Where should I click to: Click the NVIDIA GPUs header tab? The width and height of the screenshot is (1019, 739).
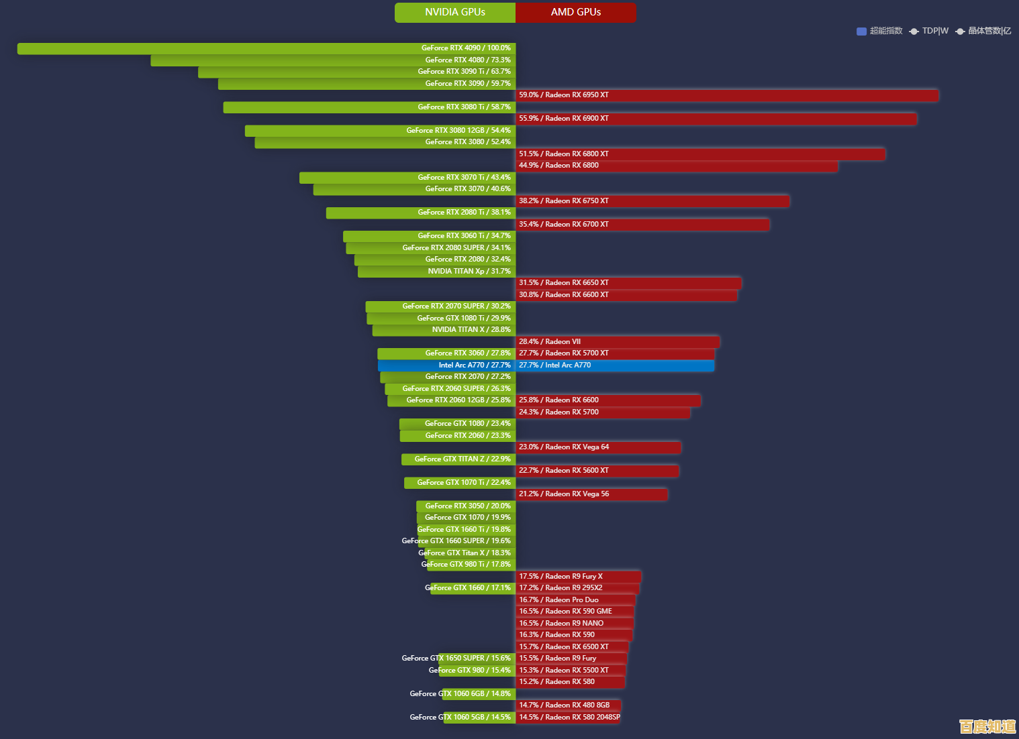(x=455, y=12)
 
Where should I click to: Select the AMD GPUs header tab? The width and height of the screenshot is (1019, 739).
(x=575, y=12)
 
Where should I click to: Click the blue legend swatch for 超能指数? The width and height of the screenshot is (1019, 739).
(x=861, y=31)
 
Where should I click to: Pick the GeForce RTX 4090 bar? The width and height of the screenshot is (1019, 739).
(x=266, y=48)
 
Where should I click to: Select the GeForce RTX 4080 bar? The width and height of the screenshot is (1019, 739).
(x=333, y=60)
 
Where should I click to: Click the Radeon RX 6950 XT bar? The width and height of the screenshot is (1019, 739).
(x=727, y=95)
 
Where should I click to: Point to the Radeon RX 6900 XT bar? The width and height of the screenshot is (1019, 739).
(x=716, y=119)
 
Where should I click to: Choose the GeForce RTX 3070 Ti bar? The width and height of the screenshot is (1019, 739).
(x=407, y=178)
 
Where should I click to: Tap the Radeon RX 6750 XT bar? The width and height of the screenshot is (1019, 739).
(x=652, y=201)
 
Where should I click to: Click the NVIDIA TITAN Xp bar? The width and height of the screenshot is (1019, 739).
(x=436, y=272)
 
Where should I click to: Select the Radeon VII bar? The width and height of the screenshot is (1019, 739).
(x=618, y=342)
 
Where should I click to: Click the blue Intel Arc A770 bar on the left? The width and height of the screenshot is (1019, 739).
(x=446, y=365)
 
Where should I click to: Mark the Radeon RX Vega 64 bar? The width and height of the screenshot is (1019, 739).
(x=598, y=447)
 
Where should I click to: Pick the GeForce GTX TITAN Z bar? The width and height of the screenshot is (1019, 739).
(x=458, y=459)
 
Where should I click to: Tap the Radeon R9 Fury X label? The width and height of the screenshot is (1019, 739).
(x=561, y=577)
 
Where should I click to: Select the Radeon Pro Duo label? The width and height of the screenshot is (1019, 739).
(x=559, y=600)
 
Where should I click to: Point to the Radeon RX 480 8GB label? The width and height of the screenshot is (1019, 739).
(x=564, y=705)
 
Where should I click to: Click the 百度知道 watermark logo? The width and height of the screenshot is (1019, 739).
(x=987, y=726)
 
